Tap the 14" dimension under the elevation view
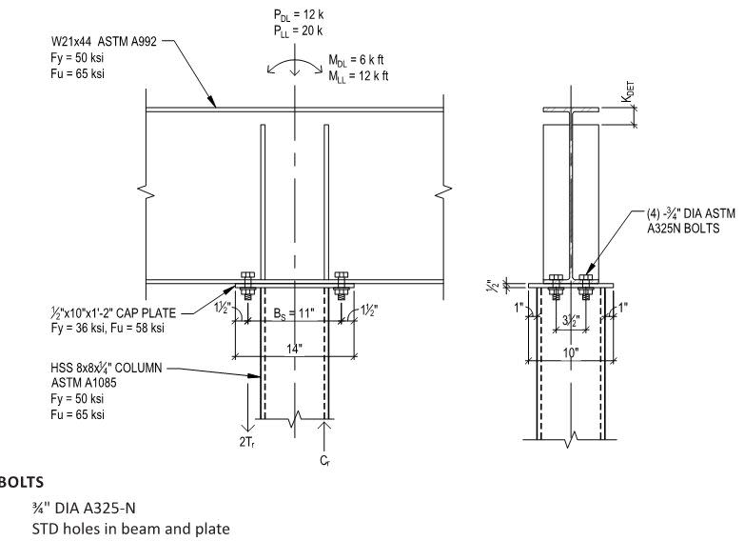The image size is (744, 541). coord(295,349)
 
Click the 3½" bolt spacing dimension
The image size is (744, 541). coord(570,322)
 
